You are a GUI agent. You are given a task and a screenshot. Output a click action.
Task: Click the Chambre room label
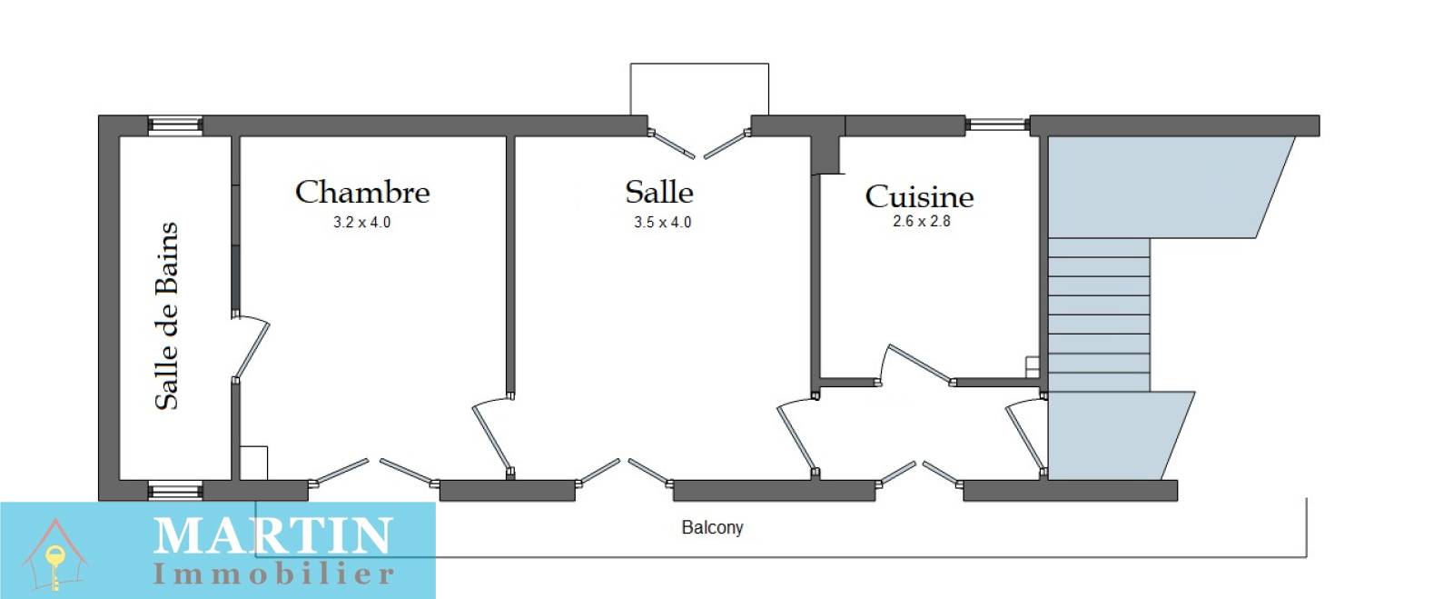[362, 192]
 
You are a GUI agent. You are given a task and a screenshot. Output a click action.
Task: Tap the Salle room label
[659, 192]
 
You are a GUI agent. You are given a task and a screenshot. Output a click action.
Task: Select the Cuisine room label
[919, 196]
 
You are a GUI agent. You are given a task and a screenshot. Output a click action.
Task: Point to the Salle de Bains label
[167, 315]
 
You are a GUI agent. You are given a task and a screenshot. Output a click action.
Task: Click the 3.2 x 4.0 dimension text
[361, 222]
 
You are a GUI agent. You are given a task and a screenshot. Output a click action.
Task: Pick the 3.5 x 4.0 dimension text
[662, 222]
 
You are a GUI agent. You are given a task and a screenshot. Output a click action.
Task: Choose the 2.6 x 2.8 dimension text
[921, 221]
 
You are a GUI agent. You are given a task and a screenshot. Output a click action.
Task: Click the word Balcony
[712, 527]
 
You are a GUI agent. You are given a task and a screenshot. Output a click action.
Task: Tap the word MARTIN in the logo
[272, 536]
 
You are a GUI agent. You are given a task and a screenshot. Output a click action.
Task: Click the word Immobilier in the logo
[272, 574]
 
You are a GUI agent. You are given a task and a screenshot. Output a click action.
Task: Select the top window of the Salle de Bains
[175, 125]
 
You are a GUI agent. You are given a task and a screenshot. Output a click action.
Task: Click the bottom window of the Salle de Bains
[175, 491]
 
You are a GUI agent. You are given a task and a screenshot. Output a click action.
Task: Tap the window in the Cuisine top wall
[997, 125]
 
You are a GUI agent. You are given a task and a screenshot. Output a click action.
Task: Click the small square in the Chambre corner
[253, 462]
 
